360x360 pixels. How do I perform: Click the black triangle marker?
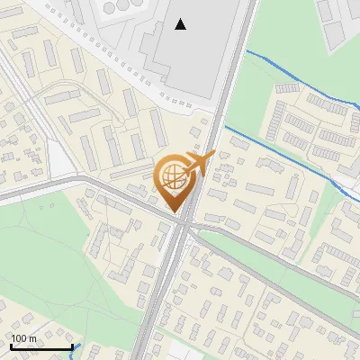[x=181, y=24]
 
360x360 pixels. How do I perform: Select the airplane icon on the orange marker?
[x=199, y=163]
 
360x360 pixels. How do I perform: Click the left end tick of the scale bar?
[x=10, y=347]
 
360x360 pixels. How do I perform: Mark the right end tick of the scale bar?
[x=72, y=347]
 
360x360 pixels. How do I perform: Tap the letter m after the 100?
[x=32, y=338]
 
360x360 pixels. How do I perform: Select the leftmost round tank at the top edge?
[x=109, y=6]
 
